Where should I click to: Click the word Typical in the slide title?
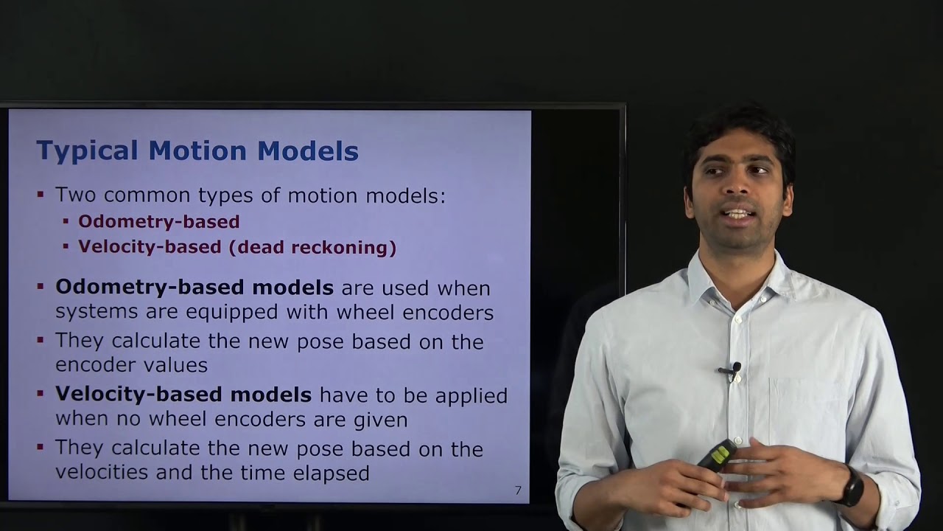coord(87,151)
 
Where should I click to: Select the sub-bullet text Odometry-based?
coord(158,221)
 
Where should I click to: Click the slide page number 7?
coord(518,490)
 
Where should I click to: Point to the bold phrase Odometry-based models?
coord(194,287)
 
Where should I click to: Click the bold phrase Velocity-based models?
coord(183,395)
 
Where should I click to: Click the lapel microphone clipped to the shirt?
coord(732,370)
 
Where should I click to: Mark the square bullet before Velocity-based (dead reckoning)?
coord(66,246)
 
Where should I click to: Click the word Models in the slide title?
coord(307,151)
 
